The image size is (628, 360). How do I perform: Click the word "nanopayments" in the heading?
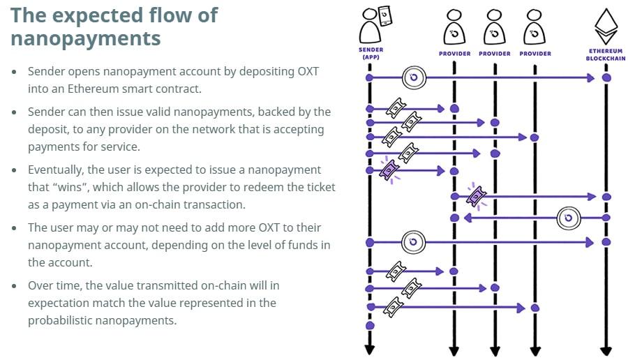click(85, 38)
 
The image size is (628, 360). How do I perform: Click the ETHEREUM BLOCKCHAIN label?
click(605, 56)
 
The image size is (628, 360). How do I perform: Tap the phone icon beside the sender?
click(384, 14)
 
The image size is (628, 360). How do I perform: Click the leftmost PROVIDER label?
click(454, 54)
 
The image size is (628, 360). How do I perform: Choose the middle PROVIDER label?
click(495, 54)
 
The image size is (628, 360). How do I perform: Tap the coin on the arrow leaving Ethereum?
click(569, 218)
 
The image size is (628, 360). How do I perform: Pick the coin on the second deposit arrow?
click(413, 242)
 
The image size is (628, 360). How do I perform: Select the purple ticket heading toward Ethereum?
click(477, 196)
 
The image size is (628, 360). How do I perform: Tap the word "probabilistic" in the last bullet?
click(62, 320)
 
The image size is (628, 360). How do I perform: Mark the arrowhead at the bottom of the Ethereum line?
click(606, 350)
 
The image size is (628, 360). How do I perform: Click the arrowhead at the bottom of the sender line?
click(370, 350)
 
